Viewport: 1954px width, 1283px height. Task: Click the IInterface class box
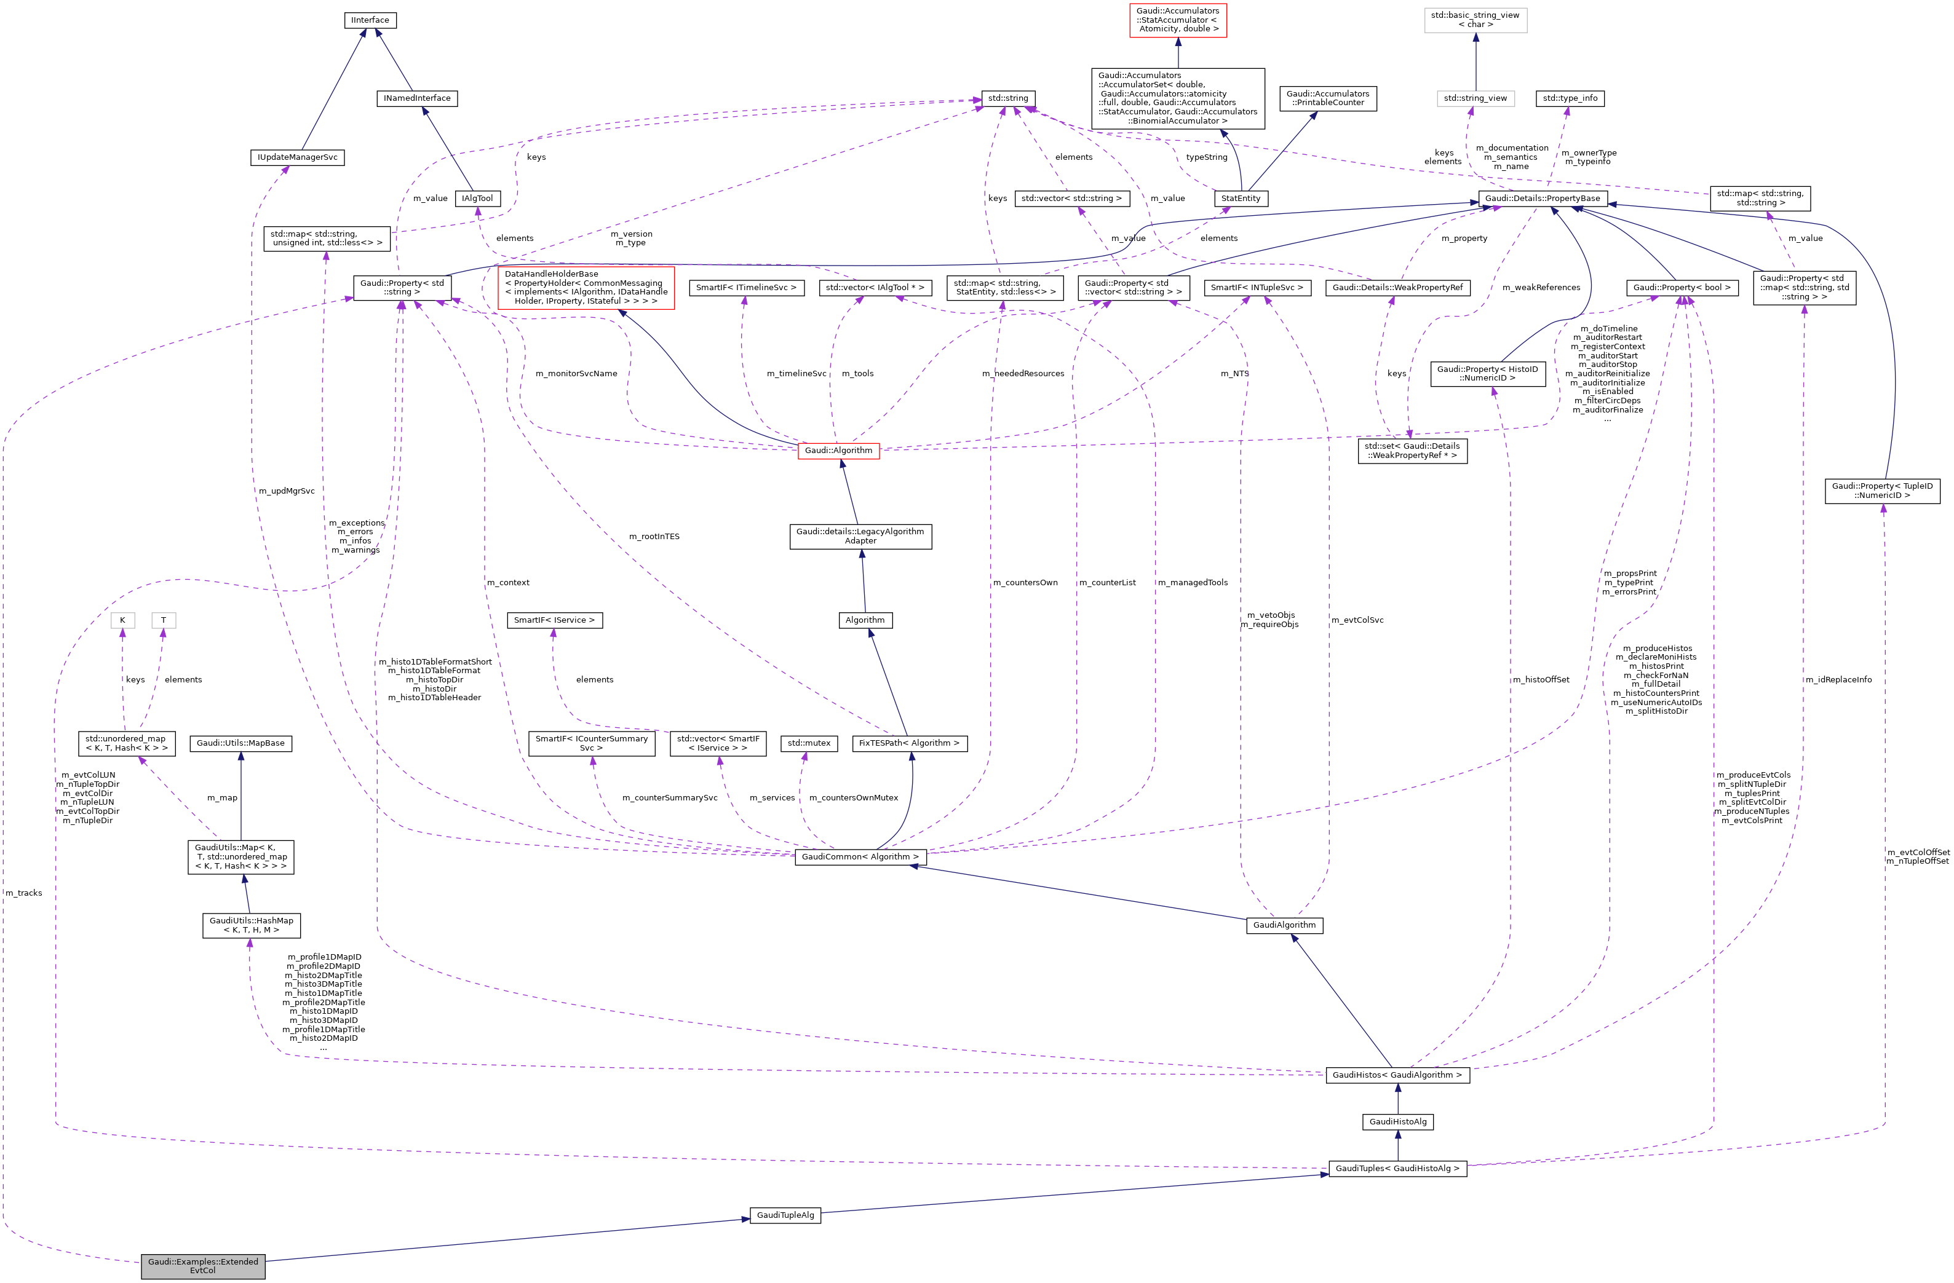tap(370, 20)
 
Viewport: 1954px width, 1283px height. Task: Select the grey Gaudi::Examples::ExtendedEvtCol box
tap(203, 1266)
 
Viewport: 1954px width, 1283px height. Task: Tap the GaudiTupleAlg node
tap(785, 1215)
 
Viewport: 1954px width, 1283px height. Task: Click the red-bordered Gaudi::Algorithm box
tap(838, 451)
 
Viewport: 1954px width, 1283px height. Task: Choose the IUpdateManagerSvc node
tap(297, 157)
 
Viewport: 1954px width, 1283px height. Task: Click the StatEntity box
tap(1240, 199)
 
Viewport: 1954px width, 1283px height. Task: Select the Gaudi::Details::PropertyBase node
tap(1542, 199)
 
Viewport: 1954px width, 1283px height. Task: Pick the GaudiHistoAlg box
tap(1397, 1122)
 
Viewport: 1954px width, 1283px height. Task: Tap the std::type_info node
tap(1570, 98)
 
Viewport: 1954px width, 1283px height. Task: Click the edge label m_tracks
tap(24, 893)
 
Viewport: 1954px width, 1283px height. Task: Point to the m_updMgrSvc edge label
tap(287, 491)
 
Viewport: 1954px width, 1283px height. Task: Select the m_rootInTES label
tap(654, 537)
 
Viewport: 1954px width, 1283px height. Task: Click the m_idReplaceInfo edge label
tap(1838, 680)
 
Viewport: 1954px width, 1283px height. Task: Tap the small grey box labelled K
tap(122, 620)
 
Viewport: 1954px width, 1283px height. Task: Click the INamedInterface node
tap(417, 98)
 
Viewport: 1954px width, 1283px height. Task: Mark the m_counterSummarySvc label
tap(669, 798)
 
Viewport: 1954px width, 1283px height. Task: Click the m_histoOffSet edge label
tap(1541, 680)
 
